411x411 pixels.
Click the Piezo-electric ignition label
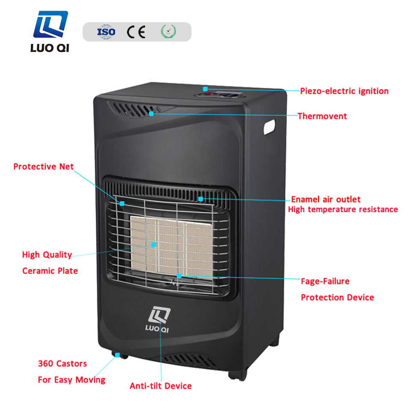[x=344, y=91]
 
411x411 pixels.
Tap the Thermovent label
[x=322, y=116]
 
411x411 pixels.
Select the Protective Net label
[x=43, y=167]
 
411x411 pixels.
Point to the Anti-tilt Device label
[x=161, y=386]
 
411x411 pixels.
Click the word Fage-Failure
[x=325, y=281]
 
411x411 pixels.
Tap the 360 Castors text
[x=62, y=363]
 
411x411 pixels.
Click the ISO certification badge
[x=106, y=32]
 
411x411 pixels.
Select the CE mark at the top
[x=136, y=32]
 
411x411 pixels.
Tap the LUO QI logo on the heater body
[x=159, y=322]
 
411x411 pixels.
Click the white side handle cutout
[x=269, y=127]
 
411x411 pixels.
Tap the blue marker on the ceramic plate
[x=154, y=244]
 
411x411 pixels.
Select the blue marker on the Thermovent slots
[x=152, y=113]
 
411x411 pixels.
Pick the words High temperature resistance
[x=342, y=209]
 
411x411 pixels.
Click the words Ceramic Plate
[x=50, y=271]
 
